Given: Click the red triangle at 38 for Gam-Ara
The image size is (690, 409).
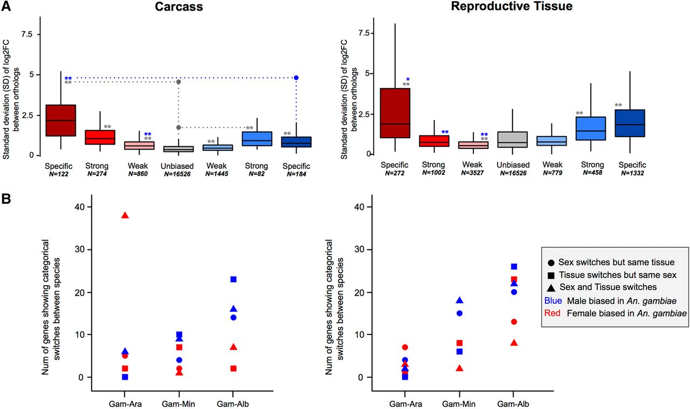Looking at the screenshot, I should [125, 215].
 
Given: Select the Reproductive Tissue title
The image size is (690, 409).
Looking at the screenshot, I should [512, 7].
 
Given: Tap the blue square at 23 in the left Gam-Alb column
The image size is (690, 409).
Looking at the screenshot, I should [233, 280].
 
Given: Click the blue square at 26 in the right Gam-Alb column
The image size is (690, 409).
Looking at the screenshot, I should [514, 267].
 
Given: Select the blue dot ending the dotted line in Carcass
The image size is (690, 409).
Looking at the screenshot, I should [296, 78].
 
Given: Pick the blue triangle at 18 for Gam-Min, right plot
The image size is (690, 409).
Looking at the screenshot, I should [460, 301].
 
